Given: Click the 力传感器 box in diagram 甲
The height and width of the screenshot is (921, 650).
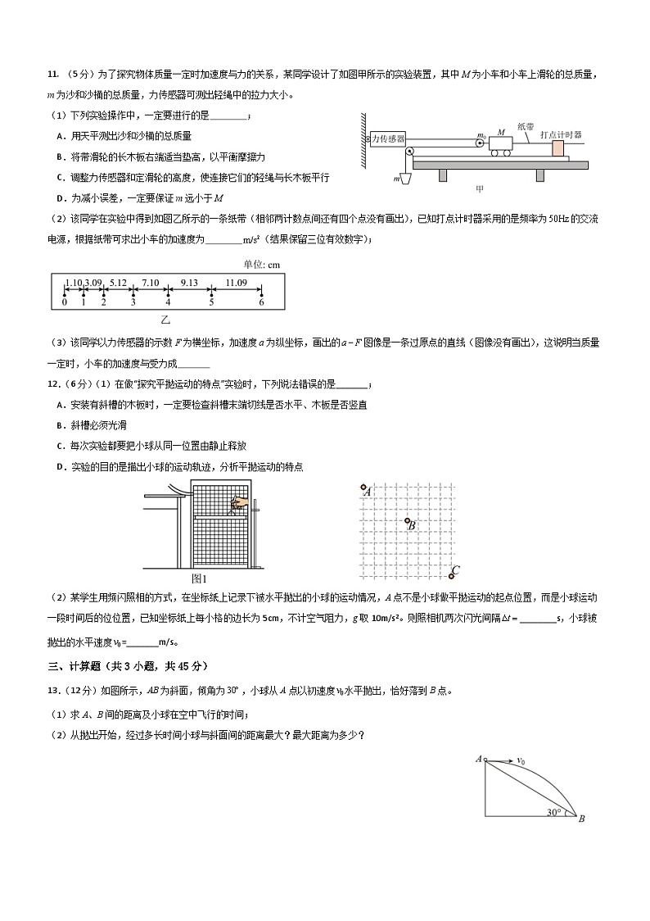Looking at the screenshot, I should [x=388, y=140].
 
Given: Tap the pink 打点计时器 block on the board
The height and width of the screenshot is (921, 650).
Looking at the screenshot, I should [x=557, y=148].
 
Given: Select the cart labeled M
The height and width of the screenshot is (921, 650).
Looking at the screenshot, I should [x=501, y=144].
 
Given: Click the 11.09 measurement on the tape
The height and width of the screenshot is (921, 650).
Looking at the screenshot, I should [x=237, y=283].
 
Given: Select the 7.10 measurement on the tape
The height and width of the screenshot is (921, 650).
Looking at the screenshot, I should [x=150, y=283].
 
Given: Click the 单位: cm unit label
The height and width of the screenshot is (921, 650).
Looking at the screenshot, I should [x=262, y=264].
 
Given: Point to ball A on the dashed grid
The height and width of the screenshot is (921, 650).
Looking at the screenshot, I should [x=363, y=488].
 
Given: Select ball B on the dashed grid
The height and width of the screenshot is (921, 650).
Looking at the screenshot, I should [x=406, y=521].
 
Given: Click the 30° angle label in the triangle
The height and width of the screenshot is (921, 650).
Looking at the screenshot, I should [x=554, y=813].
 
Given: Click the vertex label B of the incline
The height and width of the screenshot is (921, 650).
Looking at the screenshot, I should [x=581, y=819].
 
